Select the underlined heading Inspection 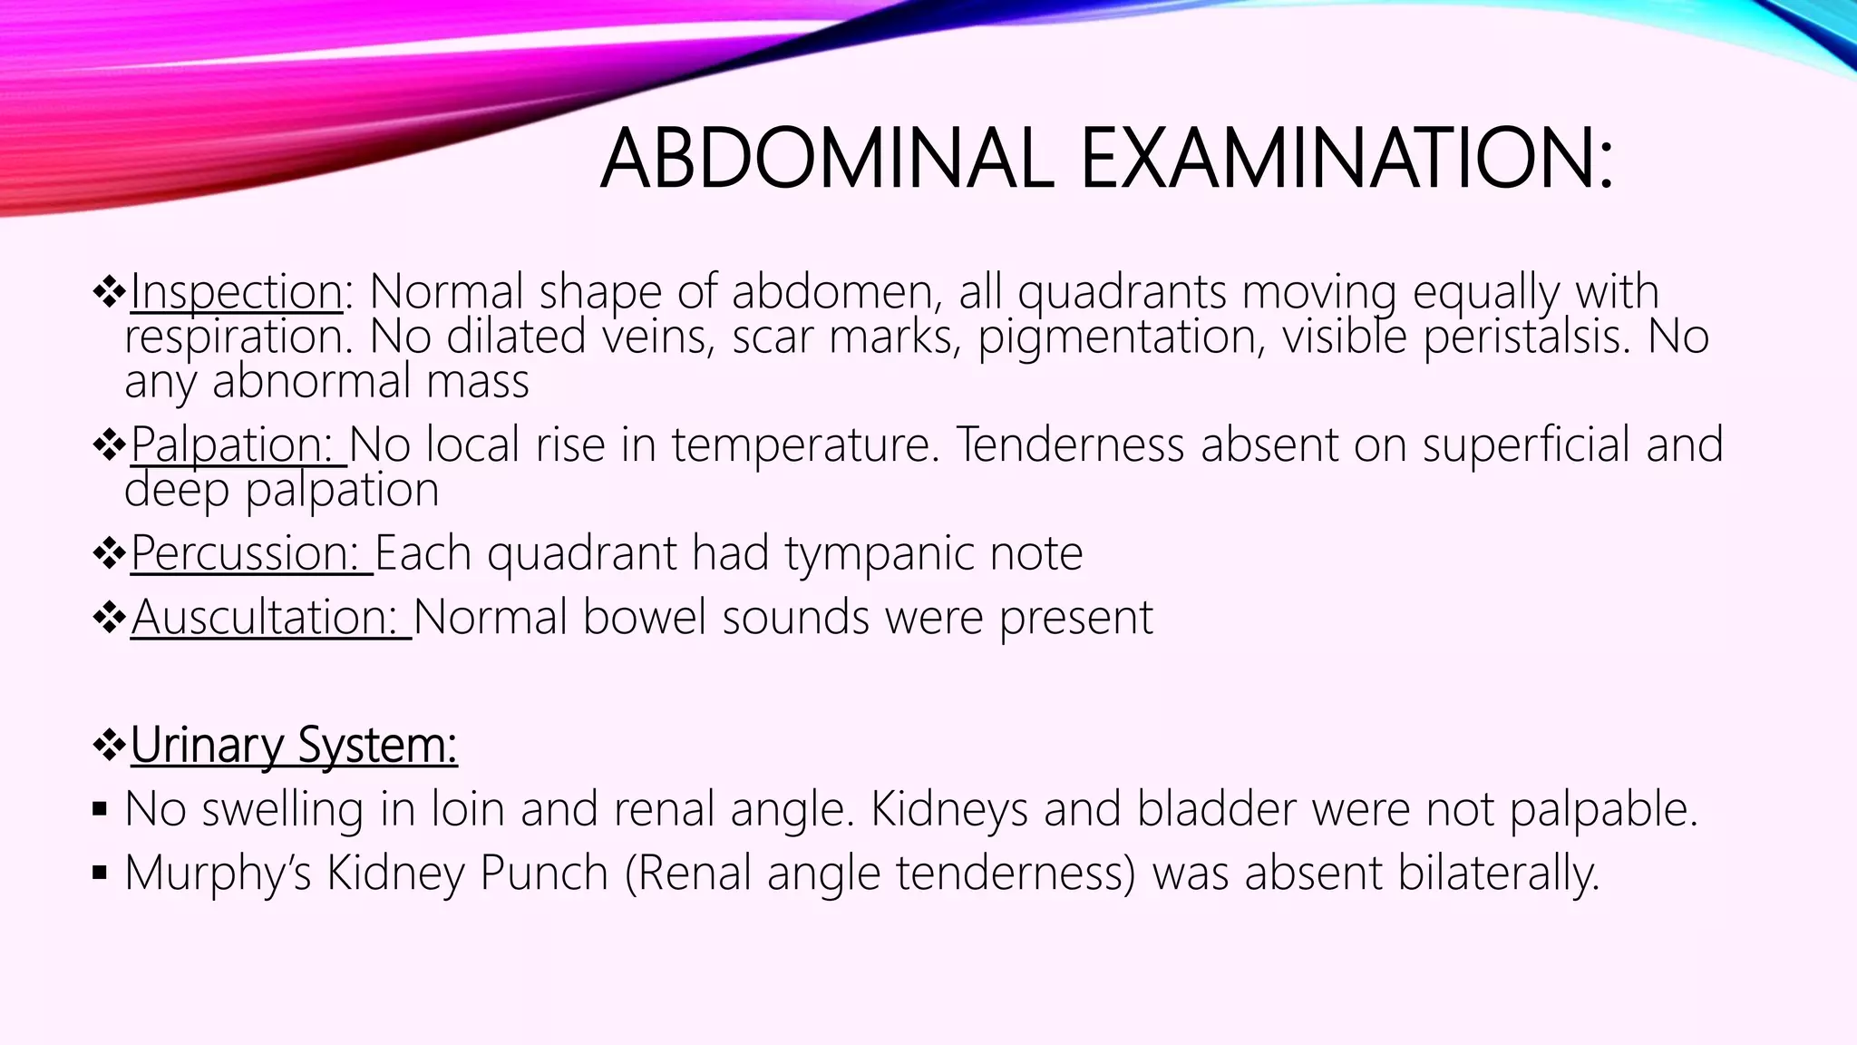[x=236, y=292]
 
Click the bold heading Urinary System [x=294, y=746]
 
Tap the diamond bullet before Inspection [x=109, y=292]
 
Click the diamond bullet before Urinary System [x=109, y=746]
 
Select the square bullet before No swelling [x=100, y=809]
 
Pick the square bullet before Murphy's [x=100, y=874]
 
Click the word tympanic [x=879, y=553]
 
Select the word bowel [x=644, y=618]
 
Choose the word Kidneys [x=949, y=809]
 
